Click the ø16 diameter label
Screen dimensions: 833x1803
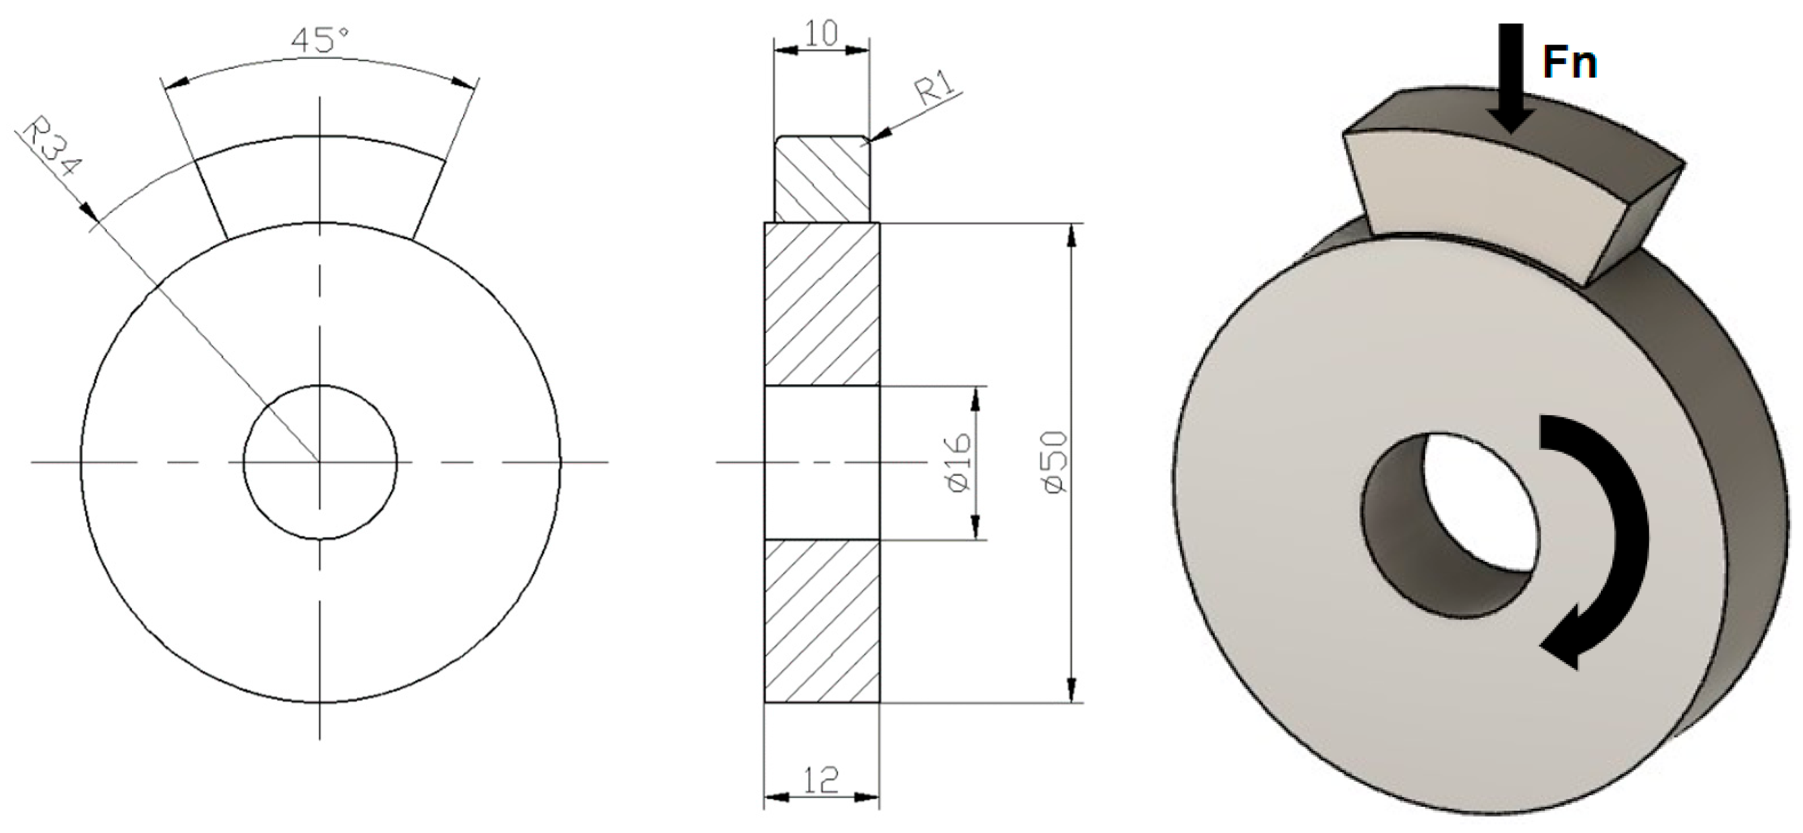tap(959, 462)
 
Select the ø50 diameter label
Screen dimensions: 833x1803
tap(1055, 462)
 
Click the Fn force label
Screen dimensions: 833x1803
tap(1569, 63)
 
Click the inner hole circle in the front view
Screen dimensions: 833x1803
tap(320, 462)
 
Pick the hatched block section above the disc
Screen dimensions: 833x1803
tap(822, 179)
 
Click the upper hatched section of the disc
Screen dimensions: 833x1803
tap(822, 304)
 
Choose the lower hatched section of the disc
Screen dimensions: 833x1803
tap(822, 620)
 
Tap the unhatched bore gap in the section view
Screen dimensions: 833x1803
tap(822, 462)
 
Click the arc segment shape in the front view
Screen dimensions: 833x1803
tap(320, 186)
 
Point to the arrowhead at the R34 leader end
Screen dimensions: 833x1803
tap(89, 212)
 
